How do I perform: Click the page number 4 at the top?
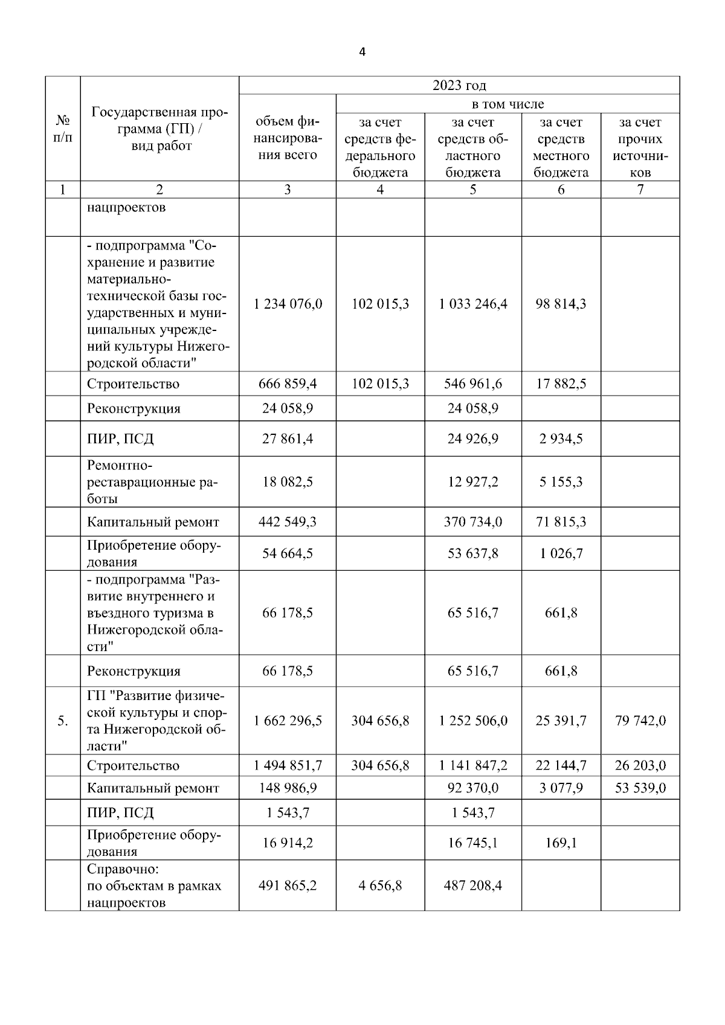click(362, 52)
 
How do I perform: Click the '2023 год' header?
click(459, 85)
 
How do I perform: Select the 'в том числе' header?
click(507, 104)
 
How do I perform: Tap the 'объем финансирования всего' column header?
click(288, 138)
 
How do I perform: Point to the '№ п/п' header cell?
click(63, 129)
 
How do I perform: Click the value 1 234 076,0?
click(288, 304)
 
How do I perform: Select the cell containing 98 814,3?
click(561, 304)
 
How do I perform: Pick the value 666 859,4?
click(288, 384)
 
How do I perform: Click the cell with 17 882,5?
click(561, 384)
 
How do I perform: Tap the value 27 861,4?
click(288, 439)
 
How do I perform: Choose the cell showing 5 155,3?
click(561, 482)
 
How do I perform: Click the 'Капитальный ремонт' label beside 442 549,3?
click(153, 522)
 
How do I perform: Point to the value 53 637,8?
click(472, 553)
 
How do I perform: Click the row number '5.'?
click(63, 721)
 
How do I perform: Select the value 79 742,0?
click(640, 721)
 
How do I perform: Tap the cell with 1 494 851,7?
click(288, 765)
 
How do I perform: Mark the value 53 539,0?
click(640, 788)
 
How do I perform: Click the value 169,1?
click(561, 843)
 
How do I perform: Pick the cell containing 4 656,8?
click(380, 885)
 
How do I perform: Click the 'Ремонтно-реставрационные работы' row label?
click(153, 482)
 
